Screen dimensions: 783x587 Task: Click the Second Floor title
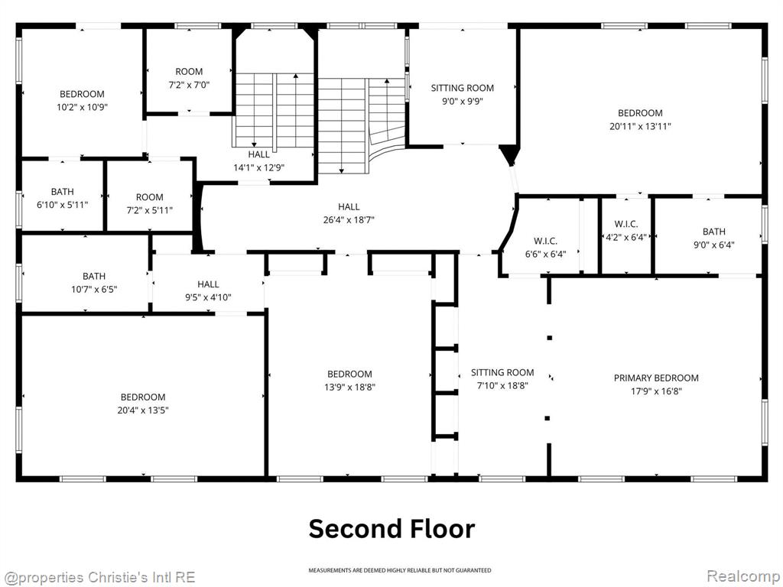(x=391, y=529)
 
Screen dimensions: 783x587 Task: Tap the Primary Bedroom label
(x=656, y=378)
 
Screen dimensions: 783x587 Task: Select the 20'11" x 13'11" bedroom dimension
(x=640, y=126)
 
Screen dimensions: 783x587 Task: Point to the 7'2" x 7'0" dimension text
(x=190, y=85)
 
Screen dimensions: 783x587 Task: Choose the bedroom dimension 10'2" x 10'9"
(x=83, y=107)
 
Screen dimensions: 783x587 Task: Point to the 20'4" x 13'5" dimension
(x=143, y=410)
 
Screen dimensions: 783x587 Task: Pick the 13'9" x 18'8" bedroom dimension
(x=349, y=387)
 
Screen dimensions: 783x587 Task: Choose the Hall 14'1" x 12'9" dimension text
(x=259, y=167)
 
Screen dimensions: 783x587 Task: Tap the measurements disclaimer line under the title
(x=399, y=570)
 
